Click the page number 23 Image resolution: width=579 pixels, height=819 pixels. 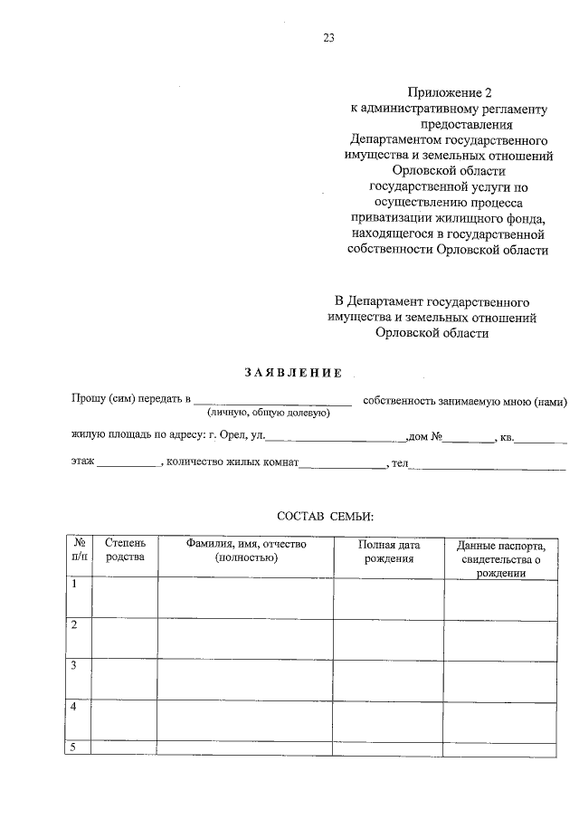(328, 37)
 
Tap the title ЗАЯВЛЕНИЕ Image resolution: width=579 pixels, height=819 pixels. (294, 372)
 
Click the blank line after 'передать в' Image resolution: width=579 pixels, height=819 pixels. (272, 401)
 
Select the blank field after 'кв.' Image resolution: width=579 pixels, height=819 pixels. (541, 439)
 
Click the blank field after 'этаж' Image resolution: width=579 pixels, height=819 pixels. (128, 466)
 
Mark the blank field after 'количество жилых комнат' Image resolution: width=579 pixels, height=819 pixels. (343, 466)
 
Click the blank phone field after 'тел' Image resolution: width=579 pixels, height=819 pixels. (489, 466)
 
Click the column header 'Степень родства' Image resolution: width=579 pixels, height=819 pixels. (125, 551)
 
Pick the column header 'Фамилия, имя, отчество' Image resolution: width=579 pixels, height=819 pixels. (246, 551)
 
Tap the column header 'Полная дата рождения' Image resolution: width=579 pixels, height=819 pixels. (389, 552)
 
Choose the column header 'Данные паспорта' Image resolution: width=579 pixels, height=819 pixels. (500, 559)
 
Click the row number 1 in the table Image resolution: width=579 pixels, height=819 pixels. (74, 585)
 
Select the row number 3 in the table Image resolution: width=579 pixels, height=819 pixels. (74, 665)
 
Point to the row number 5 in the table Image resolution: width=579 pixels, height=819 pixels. (74, 747)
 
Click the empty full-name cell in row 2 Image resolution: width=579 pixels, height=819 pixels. (246, 637)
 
